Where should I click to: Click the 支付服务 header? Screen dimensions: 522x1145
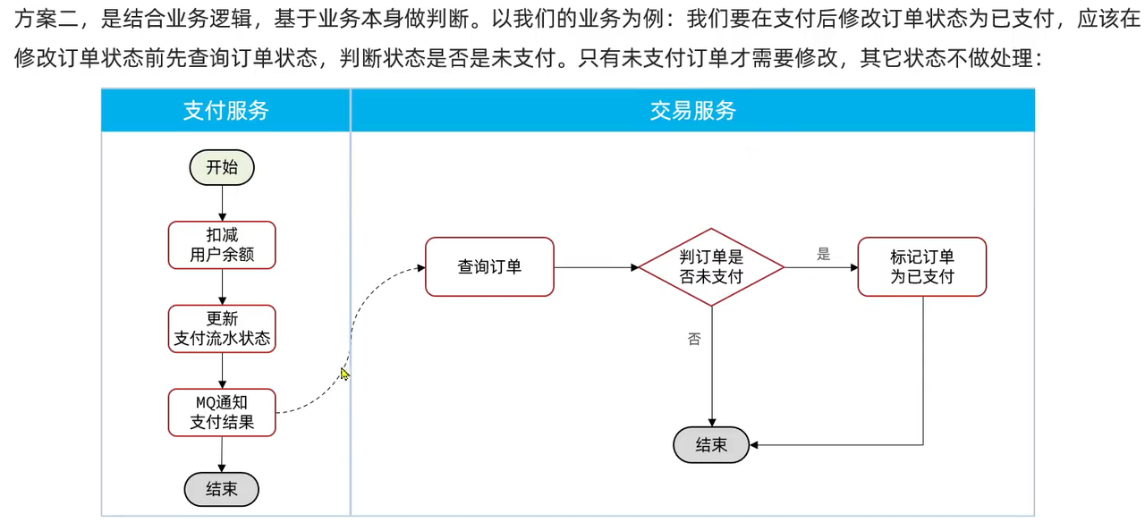tap(225, 110)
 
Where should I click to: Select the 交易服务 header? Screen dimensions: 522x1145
tap(692, 110)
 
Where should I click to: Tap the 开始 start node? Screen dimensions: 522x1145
tap(222, 167)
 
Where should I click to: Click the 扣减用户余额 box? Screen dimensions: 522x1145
tap(222, 244)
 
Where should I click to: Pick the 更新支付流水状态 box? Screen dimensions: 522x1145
tap(222, 328)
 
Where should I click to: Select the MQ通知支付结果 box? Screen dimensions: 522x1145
tap(222, 412)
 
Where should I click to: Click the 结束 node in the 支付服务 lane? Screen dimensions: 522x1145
tap(221, 489)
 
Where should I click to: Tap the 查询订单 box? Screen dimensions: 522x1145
tap(489, 266)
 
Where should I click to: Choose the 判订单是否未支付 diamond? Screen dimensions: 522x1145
tap(711, 266)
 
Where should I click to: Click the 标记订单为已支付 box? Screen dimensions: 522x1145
tap(921, 266)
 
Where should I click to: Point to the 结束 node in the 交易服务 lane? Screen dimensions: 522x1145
tap(711, 444)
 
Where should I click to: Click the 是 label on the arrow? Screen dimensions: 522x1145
tap(823, 255)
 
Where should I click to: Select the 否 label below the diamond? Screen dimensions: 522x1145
tap(694, 339)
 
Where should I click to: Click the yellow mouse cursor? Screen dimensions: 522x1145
tap(344, 374)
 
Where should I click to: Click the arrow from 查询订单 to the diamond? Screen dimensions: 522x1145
tap(596, 266)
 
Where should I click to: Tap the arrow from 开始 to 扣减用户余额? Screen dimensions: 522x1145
tap(222, 203)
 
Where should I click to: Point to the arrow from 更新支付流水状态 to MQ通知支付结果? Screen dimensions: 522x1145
tap(222, 370)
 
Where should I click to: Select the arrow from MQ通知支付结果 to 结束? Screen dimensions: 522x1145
tap(222, 454)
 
